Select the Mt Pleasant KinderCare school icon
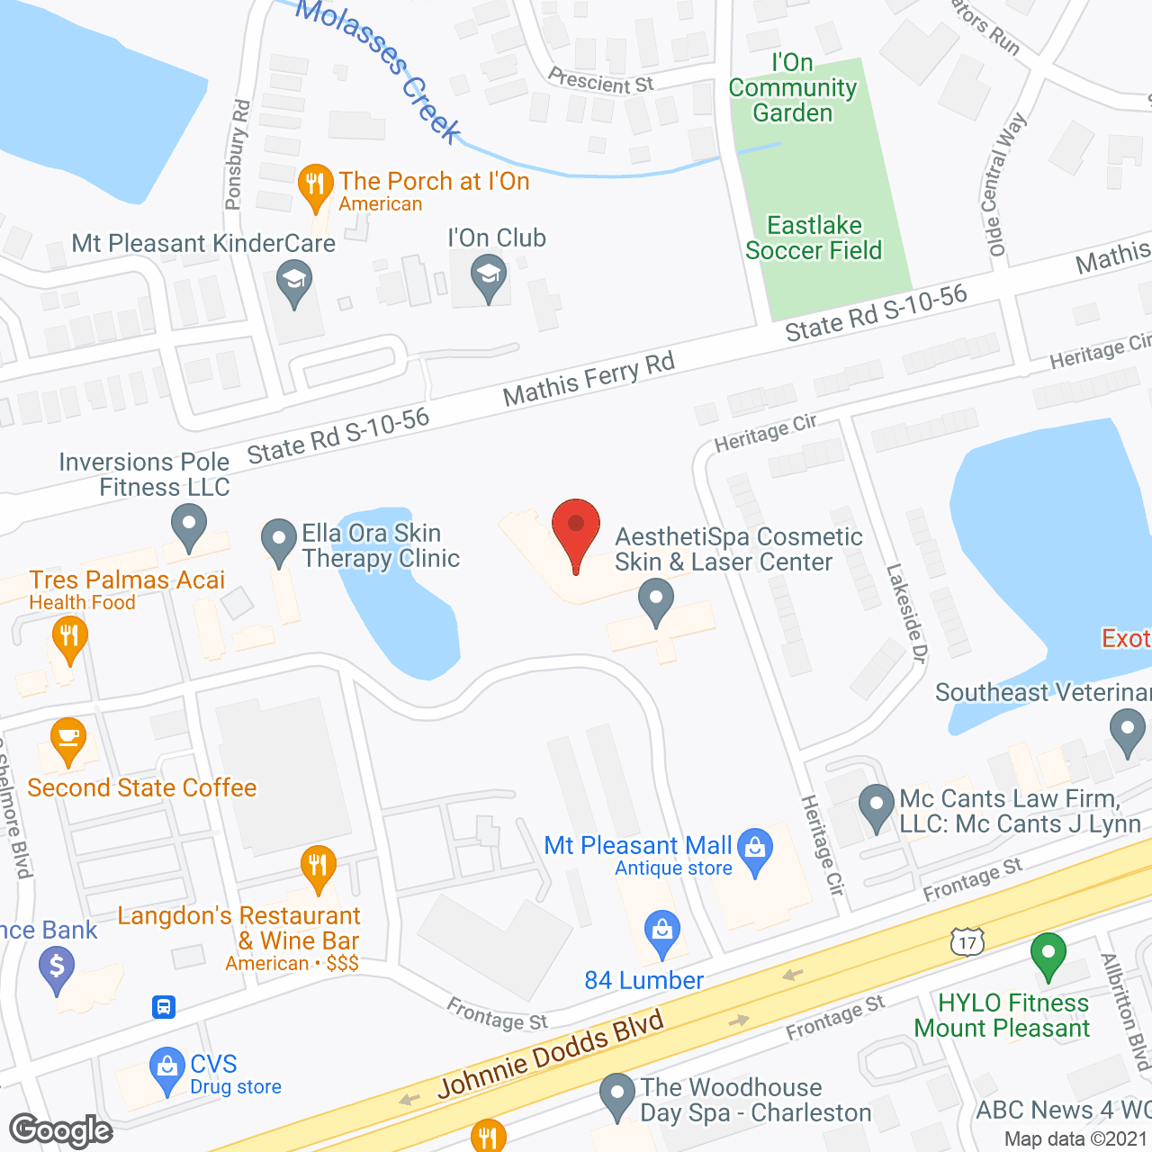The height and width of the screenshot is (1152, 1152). [293, 281]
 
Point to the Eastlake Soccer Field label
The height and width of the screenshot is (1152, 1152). [814, 238]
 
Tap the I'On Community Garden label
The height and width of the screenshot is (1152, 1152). [792, 88]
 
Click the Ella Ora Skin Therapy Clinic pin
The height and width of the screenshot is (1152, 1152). [279, 541]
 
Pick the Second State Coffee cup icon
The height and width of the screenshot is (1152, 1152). [68, 740]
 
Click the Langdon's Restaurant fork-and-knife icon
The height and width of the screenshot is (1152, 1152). [318, 867]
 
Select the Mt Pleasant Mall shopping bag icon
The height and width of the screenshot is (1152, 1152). [755, 849]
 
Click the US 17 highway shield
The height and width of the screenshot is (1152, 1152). [967, 942]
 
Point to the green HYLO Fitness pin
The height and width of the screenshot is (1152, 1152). [1048, 953]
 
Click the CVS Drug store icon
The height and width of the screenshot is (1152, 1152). [167, 1068]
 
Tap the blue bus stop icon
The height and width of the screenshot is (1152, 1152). [164, 1006]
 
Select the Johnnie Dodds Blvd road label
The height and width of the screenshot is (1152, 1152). [551, 1053]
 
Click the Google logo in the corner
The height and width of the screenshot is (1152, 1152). [61, 1130]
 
